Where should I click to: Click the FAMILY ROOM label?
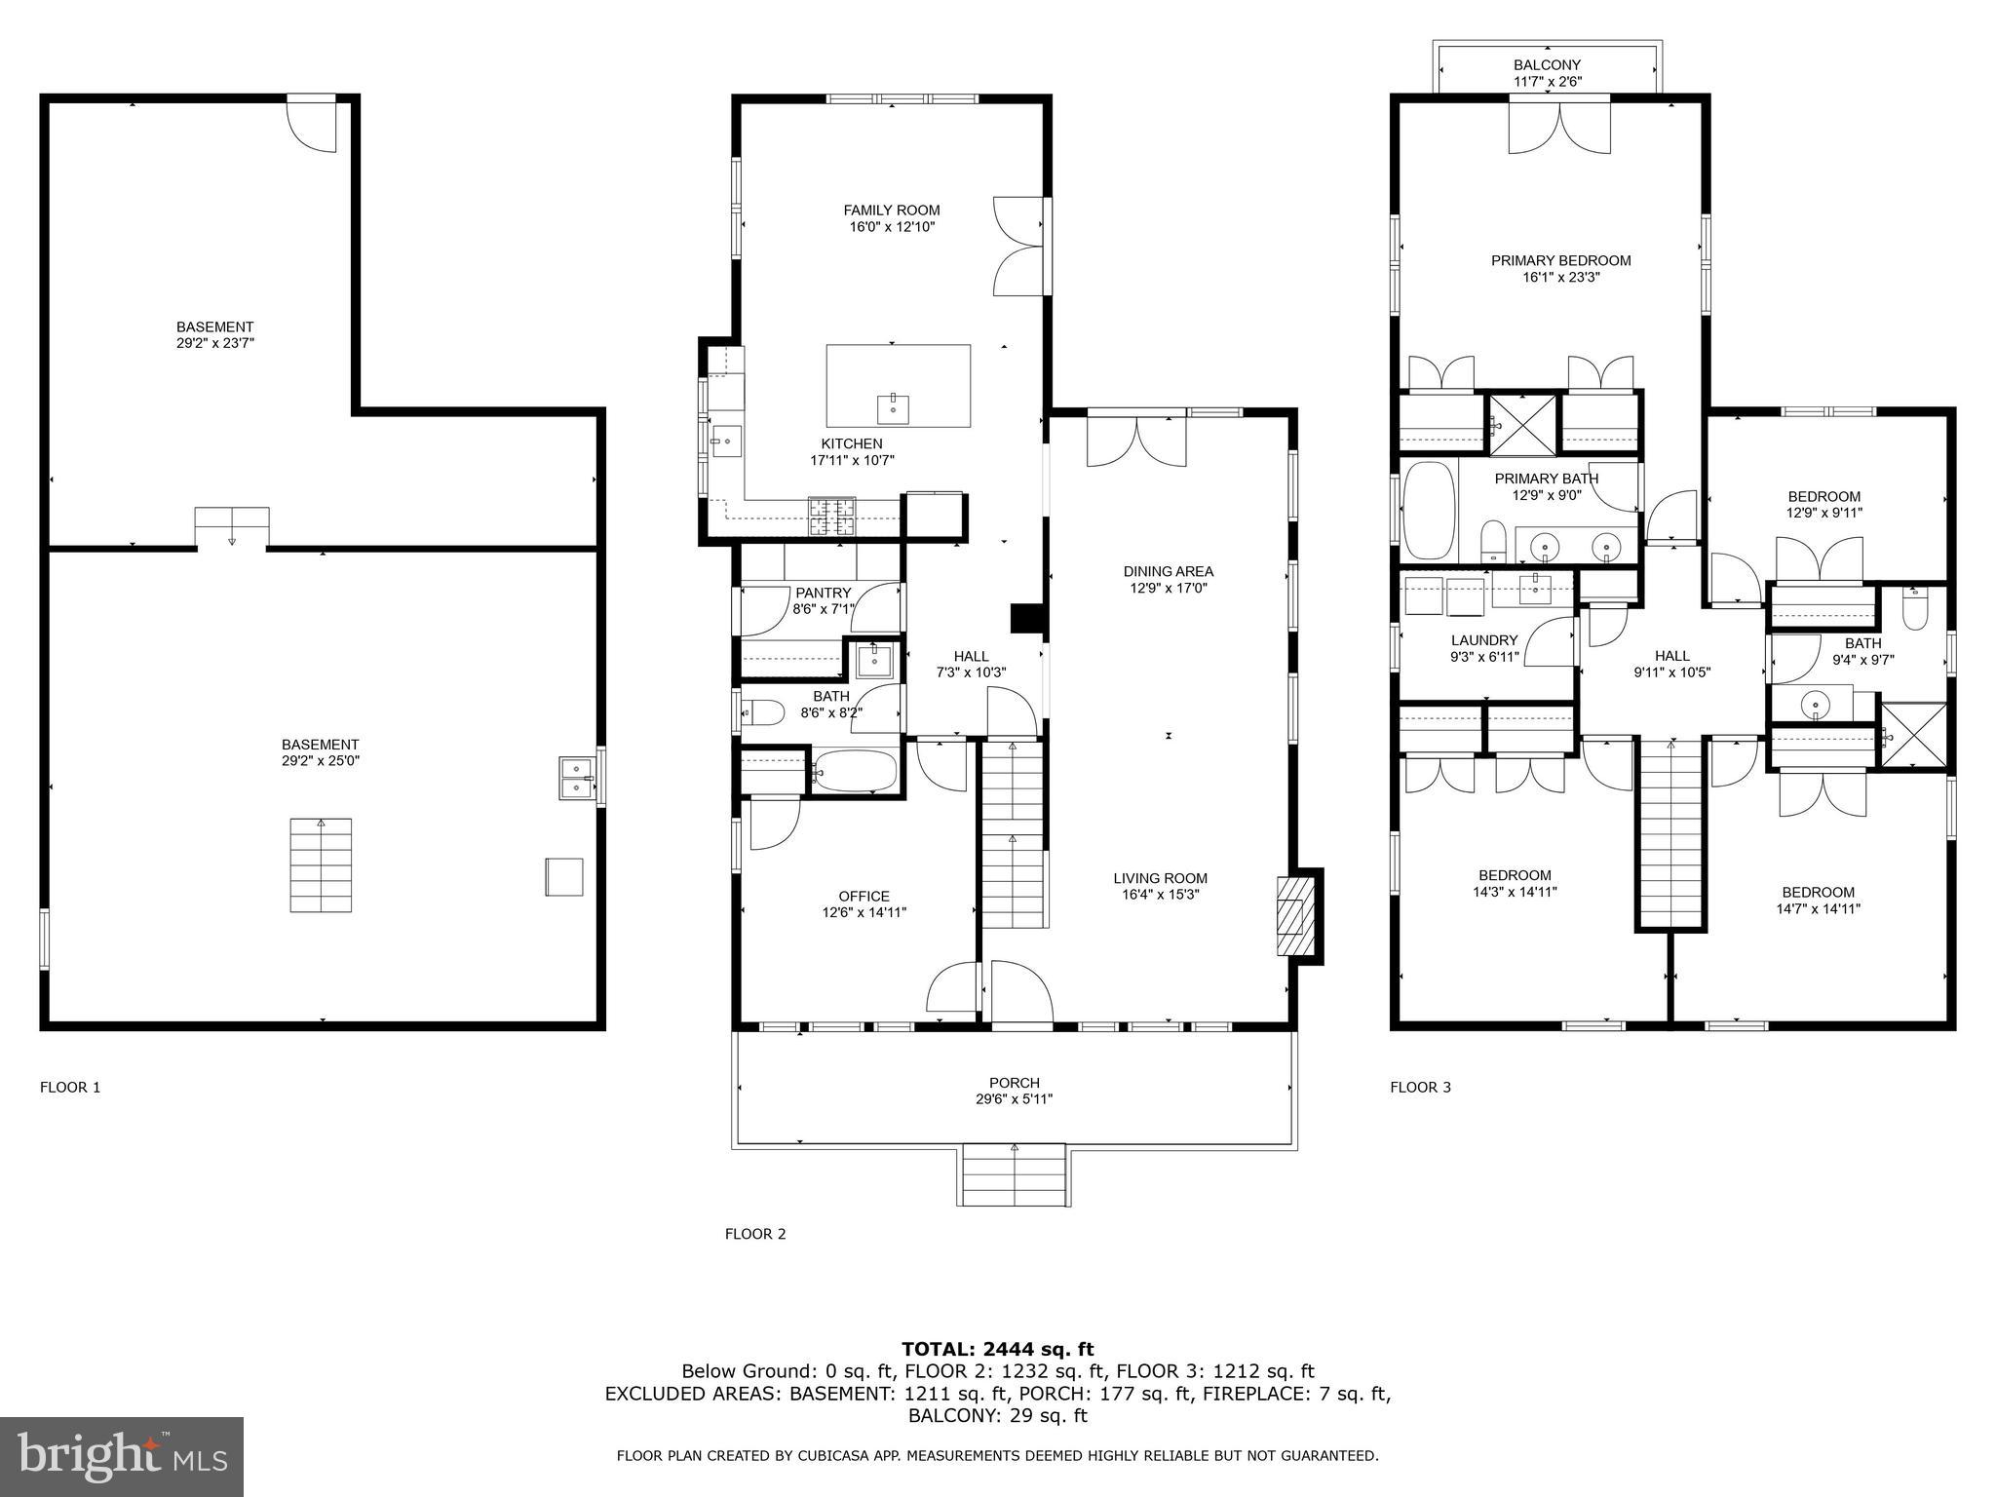pyautogui.click(x=892, y=210)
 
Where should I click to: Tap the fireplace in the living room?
pyautogui.click(x=1295, y=916)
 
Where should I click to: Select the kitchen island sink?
pyautogui.click(x=893, y=407)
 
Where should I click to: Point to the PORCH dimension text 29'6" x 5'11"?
pyautogui.click(x=1015, y=1099)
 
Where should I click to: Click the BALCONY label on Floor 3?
pyautogui.click(x=1547, y=65)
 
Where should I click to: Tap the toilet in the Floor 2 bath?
pyautogui.click(x=762, y=712)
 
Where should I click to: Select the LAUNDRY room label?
pyautogui.click(x=1484, y=640)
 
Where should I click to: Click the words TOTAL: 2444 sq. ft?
pyautogui.click(x=998, y=1349)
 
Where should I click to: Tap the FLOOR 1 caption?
pyautogui.click(x=70, y=1087)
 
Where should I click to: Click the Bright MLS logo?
pyautogui.click(x=121, y=1456)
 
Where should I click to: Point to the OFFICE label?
pyautogui.click(x=864, y=897)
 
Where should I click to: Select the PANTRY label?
pyautogui.click(x=824, y=593)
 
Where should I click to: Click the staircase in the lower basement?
pyautogui.click(x=321, y=865)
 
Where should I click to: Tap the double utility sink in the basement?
pyautogui.click(x=578, y=778)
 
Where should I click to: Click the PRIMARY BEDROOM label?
pyautogui.click(x=1561, y=260)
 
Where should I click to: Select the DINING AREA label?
pyautogui.click(x=1169, y=571)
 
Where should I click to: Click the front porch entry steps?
pyautogui.click(x=1015, y=1174)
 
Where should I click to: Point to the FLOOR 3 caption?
pyautogui.click(x=1421, y=1087)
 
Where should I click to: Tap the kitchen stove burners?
pyautogui.click(x=831, y=517)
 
